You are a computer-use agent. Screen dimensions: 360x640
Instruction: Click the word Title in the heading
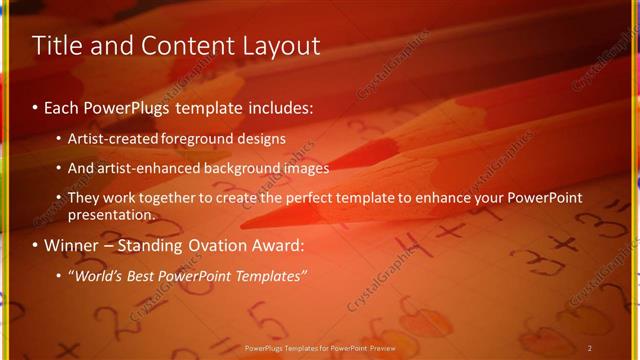(56, 45)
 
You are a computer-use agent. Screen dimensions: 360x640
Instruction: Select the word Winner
(70, 246)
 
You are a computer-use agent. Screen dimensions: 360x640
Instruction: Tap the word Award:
(275, 246)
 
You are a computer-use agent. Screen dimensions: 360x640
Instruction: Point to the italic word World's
(95, 276)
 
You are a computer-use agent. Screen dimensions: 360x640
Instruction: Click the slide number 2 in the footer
(590, 348)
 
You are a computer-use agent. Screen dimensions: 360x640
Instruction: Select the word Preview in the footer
(381, 348)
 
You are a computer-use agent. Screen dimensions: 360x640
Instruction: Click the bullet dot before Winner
(36, 246)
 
